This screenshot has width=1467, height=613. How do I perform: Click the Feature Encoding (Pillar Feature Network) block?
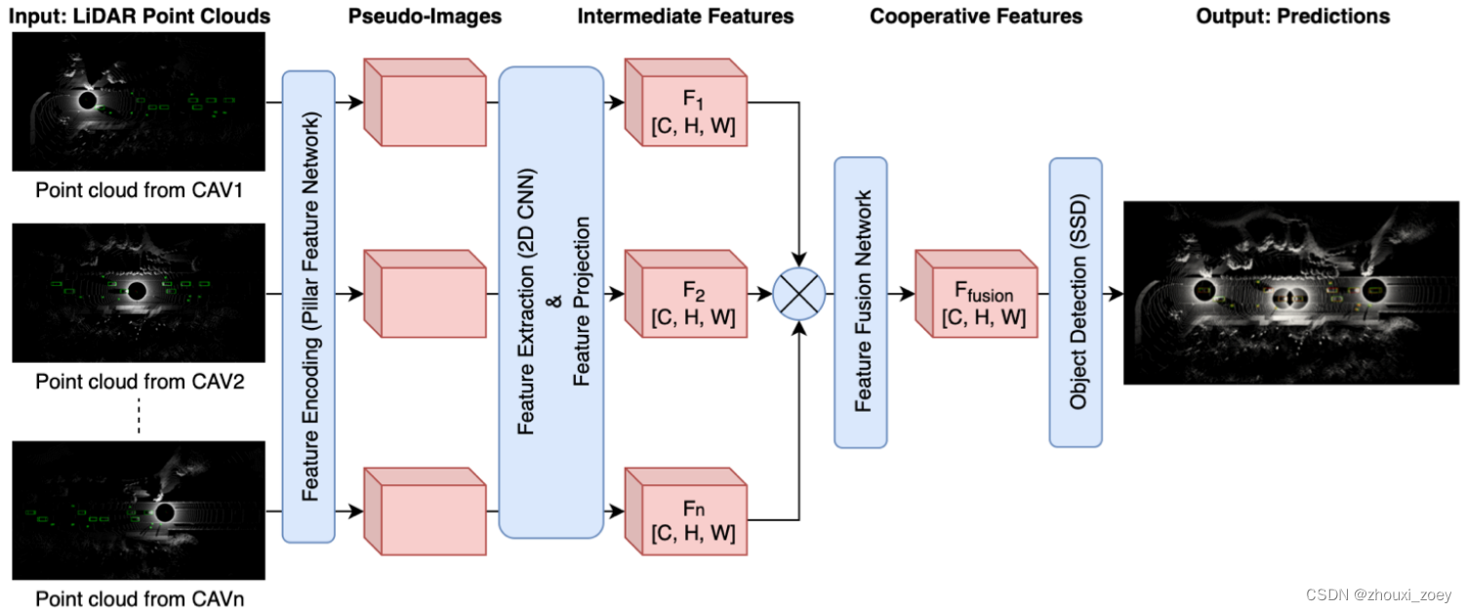pos(307,306)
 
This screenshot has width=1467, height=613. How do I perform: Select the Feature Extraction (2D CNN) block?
pos(551,302)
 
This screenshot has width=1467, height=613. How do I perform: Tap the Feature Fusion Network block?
pos(860,302)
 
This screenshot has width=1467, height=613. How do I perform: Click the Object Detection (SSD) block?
pos(1076,302)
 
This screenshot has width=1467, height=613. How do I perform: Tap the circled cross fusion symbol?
pos(799,293)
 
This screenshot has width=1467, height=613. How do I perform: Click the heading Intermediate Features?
pos(685,16)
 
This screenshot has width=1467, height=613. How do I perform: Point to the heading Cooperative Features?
pos(976,16)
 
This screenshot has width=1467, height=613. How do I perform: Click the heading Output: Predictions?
pos(1292,16)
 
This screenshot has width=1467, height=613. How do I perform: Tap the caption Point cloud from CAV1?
pos(139,189)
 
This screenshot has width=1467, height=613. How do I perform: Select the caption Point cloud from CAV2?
pos(139,382)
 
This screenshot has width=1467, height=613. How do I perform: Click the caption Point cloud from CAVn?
pos(139,598)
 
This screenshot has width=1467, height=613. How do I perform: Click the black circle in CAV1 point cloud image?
pos(86,100)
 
